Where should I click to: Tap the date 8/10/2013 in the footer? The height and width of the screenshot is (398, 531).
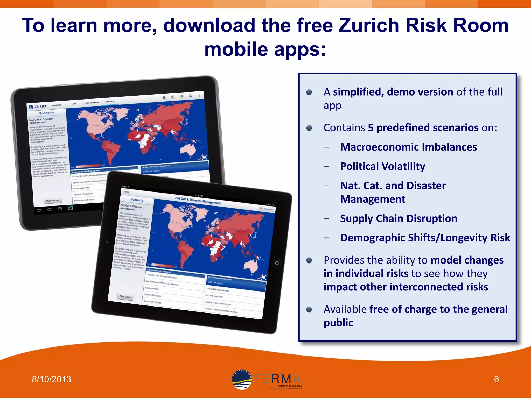coord(51,379)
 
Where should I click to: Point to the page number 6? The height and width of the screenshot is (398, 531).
coord(496,379)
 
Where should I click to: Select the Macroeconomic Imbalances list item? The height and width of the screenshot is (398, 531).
coord(408,147)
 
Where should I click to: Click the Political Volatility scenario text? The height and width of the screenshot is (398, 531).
coord(383,166)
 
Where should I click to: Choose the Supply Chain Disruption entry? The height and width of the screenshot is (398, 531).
coord(399,218)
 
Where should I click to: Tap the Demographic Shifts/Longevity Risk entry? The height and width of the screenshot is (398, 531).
coord(425,238)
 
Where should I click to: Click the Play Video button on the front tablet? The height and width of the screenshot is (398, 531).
coord(125,297)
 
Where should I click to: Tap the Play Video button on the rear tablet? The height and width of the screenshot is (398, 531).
coord(53,201)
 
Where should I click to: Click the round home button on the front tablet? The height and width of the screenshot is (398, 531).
coord(277,263)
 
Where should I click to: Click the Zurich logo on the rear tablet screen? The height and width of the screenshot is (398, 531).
coord(38,106)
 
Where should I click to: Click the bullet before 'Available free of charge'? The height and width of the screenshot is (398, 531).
coord(309,309)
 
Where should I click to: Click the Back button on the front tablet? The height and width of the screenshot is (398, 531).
coord(127,192)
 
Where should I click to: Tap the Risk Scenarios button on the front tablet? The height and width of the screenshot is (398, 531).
coord(266,209)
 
